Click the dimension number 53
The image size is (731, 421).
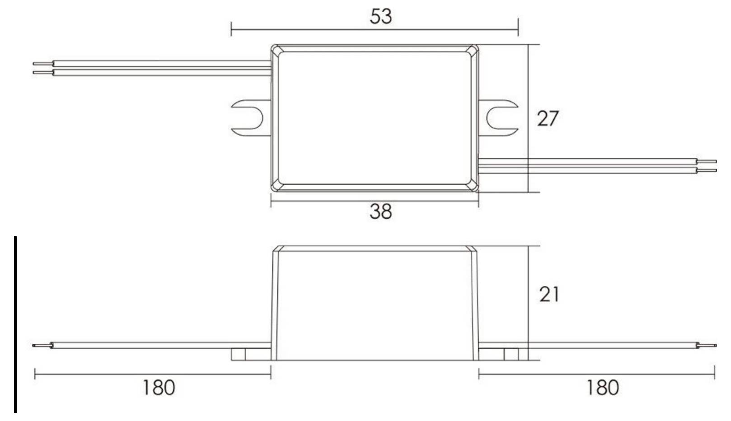(x=380, y=16)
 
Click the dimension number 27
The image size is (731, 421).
(x=548, y=118)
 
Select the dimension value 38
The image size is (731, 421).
(x=380, y=211)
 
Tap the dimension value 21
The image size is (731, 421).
(x=549, y=294)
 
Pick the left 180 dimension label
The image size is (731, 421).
(x=159, y=388)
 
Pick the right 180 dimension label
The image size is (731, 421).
(x=603, y=388)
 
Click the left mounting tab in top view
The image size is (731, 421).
(x=251, y=118)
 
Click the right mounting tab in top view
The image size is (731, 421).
(x=498, y=118)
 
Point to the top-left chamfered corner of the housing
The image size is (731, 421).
(x=277, y=51)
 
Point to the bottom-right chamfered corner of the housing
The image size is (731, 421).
(x=472, y=185)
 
